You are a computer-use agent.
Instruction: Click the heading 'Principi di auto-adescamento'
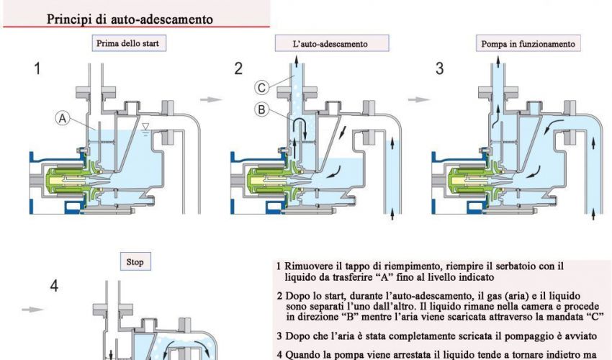pos(130,19)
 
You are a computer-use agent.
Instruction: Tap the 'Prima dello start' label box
pos(129,43)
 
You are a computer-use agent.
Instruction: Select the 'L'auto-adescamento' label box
pos(332,43)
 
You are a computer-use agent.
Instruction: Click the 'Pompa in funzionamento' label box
pos(528,43)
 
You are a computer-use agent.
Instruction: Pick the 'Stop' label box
pos(135,261)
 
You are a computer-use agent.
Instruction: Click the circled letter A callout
pos(63,118)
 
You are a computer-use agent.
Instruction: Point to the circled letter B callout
pos(262,109)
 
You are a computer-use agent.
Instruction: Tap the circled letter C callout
pos(262,87)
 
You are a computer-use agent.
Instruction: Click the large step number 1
pos(37,68)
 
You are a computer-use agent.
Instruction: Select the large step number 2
pos(238,68)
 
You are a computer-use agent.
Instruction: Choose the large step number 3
pos(439,68)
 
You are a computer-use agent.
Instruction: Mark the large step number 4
pos(54,287)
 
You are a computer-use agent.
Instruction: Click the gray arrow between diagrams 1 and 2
pos(211,99)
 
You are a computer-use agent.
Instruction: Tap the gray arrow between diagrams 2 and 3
pos(419,99)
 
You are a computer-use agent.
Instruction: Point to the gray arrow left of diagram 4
pos(33,310)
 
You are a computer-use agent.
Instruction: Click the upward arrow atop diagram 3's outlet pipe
pos(498,62)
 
